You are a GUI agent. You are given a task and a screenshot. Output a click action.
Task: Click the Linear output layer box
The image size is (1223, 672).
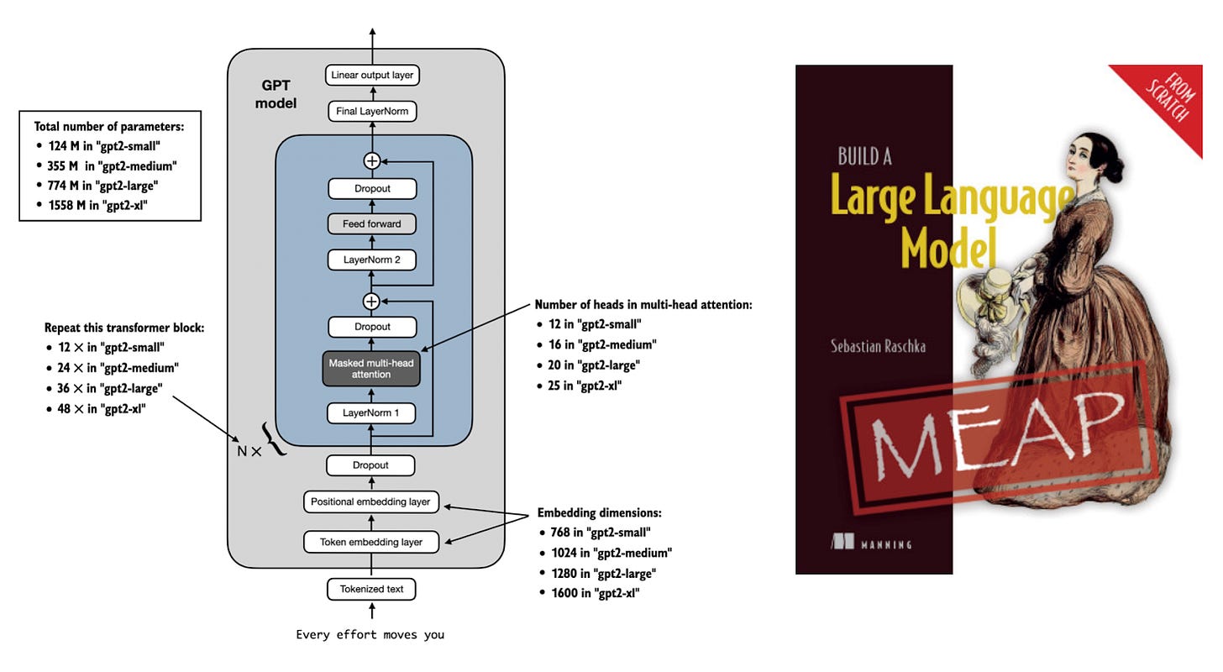tap(372, 76)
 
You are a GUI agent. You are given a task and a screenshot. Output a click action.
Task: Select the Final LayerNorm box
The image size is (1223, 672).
tap(372, 111)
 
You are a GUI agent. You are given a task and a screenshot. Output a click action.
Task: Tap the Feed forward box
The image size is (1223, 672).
tap(372, 224)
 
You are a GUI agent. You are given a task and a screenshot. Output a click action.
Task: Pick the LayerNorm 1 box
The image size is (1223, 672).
tap(371, 412)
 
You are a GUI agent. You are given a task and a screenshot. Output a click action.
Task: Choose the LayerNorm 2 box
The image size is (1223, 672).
tap(372, 260)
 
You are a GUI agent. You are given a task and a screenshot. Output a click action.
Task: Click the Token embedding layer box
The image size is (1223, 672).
tap(371, 542)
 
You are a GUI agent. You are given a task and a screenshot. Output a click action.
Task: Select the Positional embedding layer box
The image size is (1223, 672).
tap(370, 502)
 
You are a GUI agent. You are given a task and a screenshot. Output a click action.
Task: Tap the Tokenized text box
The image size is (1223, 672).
tap(371, 589)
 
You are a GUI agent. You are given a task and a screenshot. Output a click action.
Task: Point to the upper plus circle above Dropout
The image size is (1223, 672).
tap(371, 160)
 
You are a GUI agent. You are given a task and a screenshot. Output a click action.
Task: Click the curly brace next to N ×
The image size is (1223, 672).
tap(276, 439)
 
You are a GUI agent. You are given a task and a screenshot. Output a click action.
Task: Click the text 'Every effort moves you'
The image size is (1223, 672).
tap(370, 635)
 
